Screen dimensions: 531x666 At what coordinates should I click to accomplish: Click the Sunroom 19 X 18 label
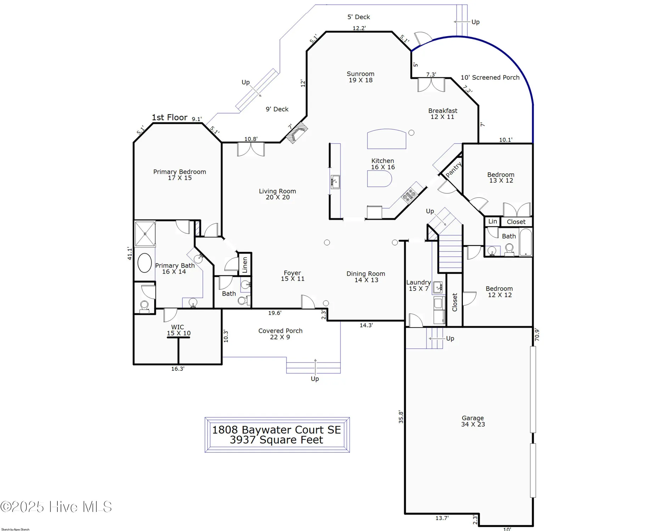point(360,77)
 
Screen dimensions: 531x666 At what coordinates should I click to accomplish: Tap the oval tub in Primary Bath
point(145,263)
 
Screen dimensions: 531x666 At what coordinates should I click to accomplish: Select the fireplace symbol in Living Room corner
point(297,132)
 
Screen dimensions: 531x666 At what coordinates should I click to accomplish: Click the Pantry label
point(453,170)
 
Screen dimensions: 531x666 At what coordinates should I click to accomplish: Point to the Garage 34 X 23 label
point(473,421)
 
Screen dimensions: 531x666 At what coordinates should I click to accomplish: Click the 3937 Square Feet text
point(276,440)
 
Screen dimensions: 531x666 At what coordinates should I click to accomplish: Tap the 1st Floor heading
point(169,118)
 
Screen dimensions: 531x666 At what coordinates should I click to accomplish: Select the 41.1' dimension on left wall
point(130,253)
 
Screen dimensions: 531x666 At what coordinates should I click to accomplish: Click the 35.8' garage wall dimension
point(401,417)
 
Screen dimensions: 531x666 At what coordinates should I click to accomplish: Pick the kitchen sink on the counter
point(335,182)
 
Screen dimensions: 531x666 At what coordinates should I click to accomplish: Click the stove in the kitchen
point(409,195)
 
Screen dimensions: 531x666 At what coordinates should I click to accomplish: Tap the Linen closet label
point(245,264)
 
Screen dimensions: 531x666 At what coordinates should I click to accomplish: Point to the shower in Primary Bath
point(145,234)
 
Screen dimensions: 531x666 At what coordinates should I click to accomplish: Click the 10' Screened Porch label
point(490,78)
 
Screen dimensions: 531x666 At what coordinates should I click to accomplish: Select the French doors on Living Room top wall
point(251,149)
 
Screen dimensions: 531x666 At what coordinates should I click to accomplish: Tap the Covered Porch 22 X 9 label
point(280,334)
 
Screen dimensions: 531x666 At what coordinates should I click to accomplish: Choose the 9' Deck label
point(277,109)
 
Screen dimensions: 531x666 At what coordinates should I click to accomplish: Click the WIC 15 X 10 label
point(178,330)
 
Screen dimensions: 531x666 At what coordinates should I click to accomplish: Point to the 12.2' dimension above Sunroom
point(359,28)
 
